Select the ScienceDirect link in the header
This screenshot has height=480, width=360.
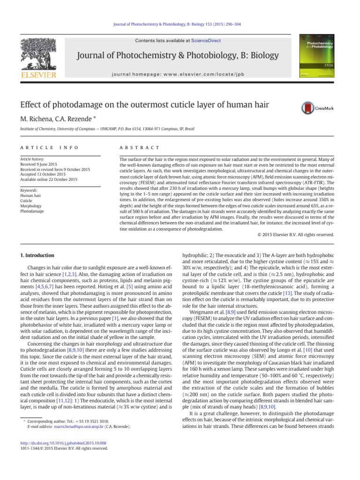(205, 41)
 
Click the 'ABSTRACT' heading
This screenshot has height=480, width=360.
(140, 148)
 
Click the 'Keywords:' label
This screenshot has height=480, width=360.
(30, 191)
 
